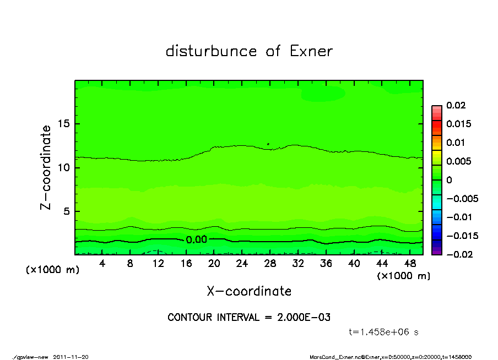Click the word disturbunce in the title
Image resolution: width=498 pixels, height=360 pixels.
click(212, 51)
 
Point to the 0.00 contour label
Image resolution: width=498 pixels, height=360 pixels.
click(196, 239)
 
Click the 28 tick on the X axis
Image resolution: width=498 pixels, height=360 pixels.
click(270, 264)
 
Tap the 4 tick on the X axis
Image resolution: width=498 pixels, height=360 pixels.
click(102, 264)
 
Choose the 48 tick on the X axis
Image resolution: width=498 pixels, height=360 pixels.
click(410, 264)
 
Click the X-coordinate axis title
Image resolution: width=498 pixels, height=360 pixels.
click(249, 291)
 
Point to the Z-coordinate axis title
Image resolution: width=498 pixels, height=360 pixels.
click(46, 167)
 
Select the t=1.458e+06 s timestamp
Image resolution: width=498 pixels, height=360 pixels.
click(385, 332)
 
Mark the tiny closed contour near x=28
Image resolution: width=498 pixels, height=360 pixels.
click(268, 144)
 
